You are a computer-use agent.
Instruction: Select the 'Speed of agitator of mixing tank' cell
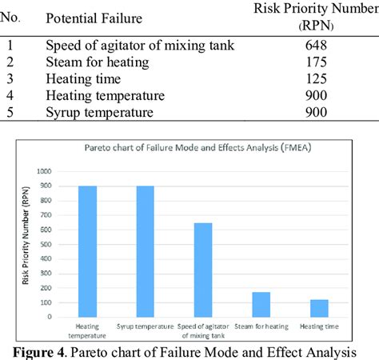click(140, 46)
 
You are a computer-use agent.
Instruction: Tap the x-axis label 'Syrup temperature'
click(146, 326)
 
